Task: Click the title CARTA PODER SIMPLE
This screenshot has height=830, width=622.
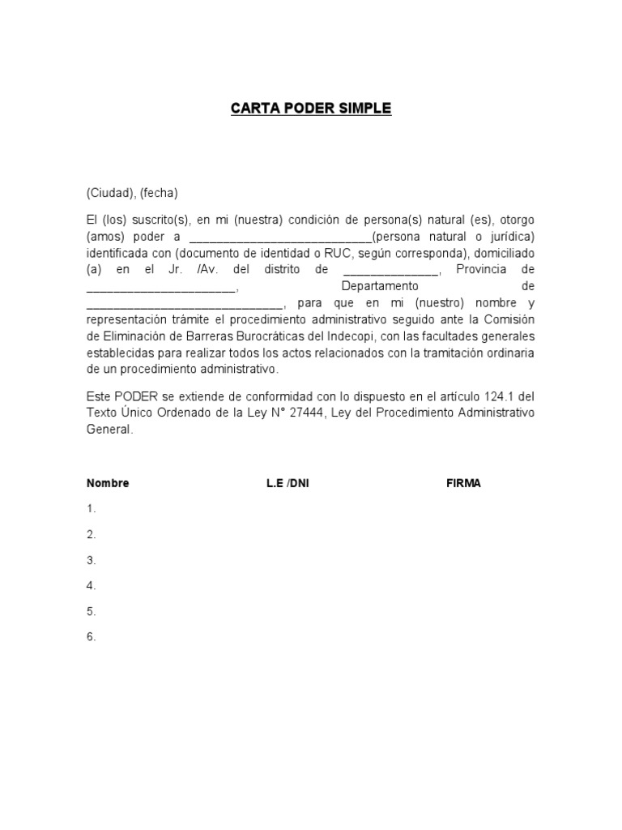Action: (311, 109)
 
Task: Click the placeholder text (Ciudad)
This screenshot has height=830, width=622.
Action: (108, 193)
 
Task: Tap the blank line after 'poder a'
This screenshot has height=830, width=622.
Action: (280, 237)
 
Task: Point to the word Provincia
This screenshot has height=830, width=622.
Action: (484, 270)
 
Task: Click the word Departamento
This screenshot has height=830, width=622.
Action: (380, 286)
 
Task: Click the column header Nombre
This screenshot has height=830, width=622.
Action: (108, 483)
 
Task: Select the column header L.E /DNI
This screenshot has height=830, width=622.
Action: (288, 483)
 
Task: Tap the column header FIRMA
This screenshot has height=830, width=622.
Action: (463, 483)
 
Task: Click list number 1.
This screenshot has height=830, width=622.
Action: (92, 509)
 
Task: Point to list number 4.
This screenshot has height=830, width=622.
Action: (92, 585)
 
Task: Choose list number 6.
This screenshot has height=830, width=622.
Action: (92, 637)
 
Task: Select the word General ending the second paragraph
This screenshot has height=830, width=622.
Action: (109, 430)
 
